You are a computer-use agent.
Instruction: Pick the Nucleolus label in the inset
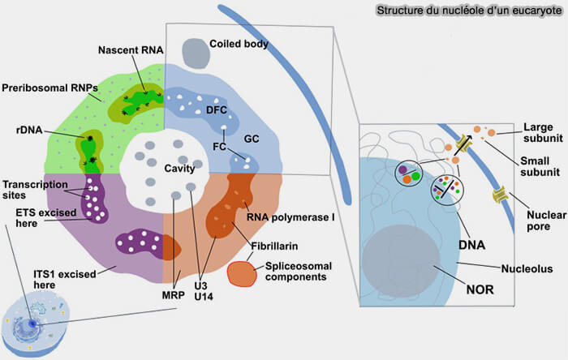528,267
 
